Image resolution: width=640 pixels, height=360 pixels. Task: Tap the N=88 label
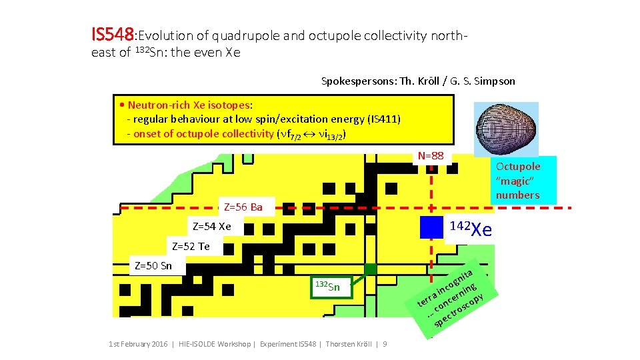[431, 156]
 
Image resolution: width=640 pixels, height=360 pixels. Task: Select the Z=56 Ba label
[243, 207]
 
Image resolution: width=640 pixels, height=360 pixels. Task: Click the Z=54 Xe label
[211, 227]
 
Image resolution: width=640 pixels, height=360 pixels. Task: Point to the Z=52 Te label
[191, 247]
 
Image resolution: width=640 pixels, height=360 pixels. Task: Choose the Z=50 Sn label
[153, 266]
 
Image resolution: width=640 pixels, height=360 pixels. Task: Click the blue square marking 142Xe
[431, 227]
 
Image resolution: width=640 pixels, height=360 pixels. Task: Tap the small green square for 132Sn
[370, 269]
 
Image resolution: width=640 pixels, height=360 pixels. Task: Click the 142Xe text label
[471, 229]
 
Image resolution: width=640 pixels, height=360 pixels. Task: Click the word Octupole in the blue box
[518, 167]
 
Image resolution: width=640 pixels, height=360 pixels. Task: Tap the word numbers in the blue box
[517, 195]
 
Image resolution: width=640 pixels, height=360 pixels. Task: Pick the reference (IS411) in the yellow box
[384, 119]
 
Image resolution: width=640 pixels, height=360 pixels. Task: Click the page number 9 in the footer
[385, 344]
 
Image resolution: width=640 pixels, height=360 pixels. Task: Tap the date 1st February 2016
[137, 344]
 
